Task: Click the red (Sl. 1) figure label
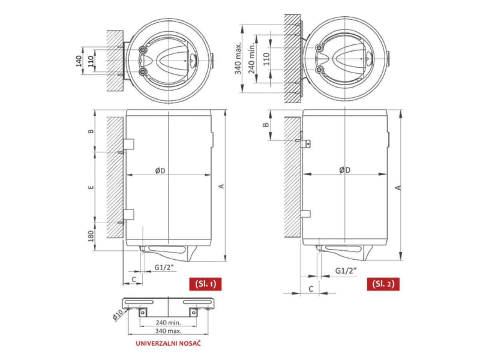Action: [205, 284]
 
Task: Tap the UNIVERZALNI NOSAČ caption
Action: [168, 344]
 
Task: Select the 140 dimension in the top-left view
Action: [79, 61]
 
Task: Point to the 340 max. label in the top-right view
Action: [238, 58]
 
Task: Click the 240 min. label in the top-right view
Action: [252, 59]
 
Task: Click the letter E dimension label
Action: [91, 187]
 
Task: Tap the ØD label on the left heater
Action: [160, 171]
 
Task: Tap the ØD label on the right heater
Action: [345, 170]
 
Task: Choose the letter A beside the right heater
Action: [397, 187]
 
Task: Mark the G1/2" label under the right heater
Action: [346, 271]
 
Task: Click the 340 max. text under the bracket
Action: [168, 331]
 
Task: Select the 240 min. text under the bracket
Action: [168, 322]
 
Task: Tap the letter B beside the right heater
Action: [264, 125]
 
